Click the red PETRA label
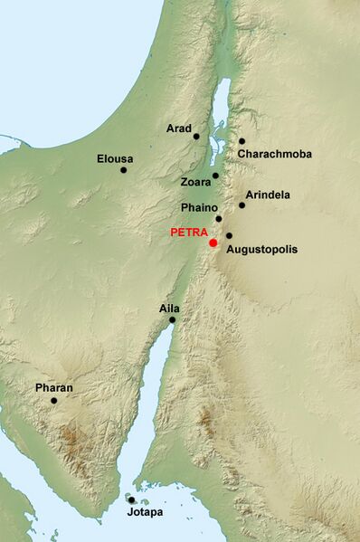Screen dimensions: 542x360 [x=189, y=233]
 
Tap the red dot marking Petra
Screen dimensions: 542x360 [x=213, y=242]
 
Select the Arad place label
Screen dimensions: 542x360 [x=178, y=128]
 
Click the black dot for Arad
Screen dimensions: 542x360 [x=196, y=137]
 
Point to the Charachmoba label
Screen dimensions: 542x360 [x=275, y=155]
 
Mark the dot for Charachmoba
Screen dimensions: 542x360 [x=242, y=141]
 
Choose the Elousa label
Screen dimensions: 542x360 [x=115, y=159]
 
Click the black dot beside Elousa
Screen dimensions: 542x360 [x=123, y=169]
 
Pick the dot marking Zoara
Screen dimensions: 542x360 [x=215, y=176]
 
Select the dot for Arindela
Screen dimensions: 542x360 [x=242, y=205]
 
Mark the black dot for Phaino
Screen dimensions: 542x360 [x=219, y=219]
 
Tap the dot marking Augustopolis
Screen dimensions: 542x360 [x=229, y=236]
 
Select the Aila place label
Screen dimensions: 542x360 [x=169, y=309]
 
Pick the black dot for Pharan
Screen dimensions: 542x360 [x=54, y=400]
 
